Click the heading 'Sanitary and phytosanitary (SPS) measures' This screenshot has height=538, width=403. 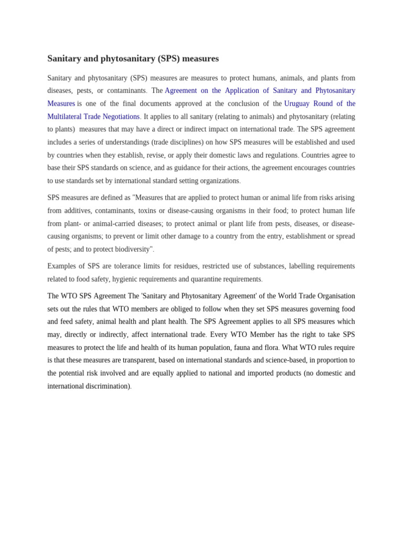[133, 58]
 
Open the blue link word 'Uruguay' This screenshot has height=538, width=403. [297, 104]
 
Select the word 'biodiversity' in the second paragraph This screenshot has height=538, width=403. [129, 249]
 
